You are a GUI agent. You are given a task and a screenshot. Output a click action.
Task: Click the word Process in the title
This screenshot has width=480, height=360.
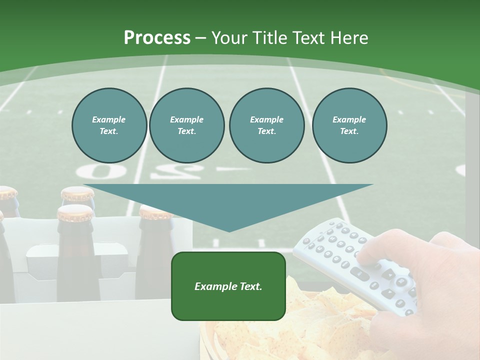tap(157, 38)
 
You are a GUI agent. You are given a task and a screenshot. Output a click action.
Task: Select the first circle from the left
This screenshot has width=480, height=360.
tap(109, 125)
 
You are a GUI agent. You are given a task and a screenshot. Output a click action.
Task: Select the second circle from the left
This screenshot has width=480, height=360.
tap(186, 125)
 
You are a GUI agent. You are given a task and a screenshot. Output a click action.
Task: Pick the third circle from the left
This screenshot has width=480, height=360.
tap(266, 125)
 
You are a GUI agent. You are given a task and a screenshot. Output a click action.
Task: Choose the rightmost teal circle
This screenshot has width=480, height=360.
tap(349, 125)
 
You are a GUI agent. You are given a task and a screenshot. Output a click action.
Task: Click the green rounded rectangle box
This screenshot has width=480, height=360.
tap(228, 286)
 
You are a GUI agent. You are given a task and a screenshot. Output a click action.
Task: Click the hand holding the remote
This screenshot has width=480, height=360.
tap(440, 270)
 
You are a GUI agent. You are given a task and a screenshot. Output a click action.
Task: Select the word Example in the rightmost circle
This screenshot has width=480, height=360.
tap(349, 119)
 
